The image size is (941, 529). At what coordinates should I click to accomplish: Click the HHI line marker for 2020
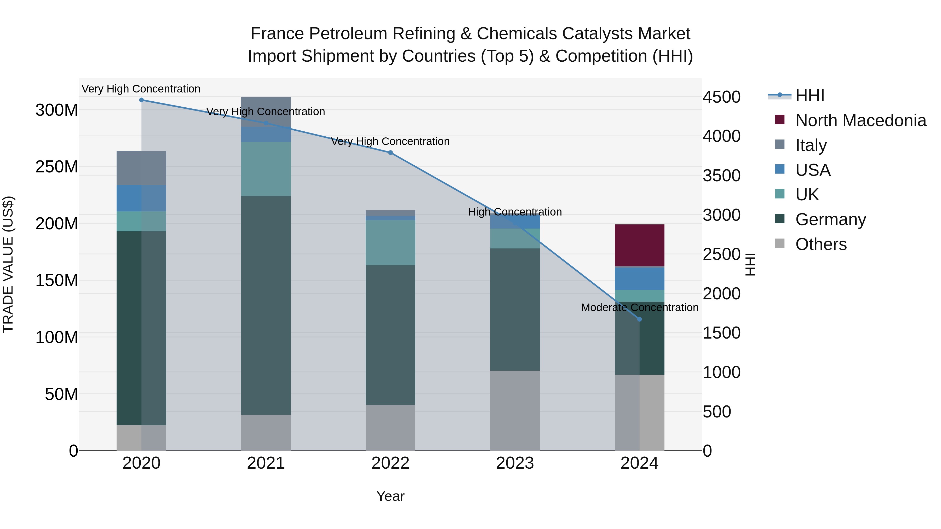click(x=141, y=100)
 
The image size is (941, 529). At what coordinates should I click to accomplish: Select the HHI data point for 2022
click(x=391, y=153)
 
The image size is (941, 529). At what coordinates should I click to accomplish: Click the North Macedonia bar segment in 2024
click(x=639, y=245)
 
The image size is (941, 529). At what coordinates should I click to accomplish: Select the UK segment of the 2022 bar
click(x=391, y=242)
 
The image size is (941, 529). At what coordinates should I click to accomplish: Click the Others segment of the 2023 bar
click(x=515, y=410)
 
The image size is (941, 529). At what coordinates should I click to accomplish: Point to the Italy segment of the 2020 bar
click(x=141, y=168)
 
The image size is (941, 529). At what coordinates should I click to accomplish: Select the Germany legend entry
click(x=830, y=220)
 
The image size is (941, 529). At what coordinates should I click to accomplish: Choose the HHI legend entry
click(x=810, y=96)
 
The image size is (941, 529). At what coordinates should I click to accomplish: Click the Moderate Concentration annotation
click(x=640, y=308)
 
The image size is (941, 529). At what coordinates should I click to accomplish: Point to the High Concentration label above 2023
click(x=515, y=212)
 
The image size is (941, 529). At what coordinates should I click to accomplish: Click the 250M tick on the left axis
click(x=57, y=167)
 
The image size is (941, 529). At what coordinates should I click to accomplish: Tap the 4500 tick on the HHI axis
click(x=721, y=97)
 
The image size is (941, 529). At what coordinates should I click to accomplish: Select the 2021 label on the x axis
click(x=266, y=463)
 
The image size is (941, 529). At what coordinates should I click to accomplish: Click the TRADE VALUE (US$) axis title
click(x=8, y=264)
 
